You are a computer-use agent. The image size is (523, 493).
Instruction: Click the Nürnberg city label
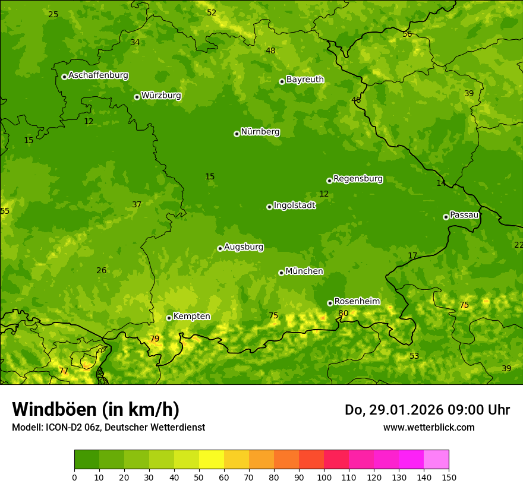coord(260,132)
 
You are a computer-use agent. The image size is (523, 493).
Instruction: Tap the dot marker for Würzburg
coord(137,97)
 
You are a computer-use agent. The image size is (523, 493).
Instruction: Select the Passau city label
coord(464,215)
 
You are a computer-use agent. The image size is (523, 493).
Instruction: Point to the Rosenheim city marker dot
coord(330,303)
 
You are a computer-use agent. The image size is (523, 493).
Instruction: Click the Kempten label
coord(191,316)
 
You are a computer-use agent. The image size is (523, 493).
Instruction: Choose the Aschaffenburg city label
coord(98,75)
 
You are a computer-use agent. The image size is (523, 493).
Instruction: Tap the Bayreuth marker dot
coord(282,81)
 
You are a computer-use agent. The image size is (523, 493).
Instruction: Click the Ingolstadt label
coord(294,206)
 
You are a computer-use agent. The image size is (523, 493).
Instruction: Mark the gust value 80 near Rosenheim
coord(343,313)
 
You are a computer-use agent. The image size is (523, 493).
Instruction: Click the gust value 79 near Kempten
coord(155,339)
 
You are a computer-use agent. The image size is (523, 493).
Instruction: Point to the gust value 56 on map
coord(407,34)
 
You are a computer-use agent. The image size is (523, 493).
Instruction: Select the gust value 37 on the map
coord(137,204)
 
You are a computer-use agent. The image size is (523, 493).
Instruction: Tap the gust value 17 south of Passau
coord(412,255)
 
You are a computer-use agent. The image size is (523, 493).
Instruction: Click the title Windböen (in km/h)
coord(96,409)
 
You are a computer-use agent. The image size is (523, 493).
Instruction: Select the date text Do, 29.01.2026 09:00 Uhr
coord(427,410)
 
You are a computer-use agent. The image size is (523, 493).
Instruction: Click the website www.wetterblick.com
coord(429,427)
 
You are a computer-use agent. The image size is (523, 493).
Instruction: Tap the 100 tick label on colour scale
coord(324,477)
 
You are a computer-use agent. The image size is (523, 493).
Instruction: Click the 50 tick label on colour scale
coord(199,477)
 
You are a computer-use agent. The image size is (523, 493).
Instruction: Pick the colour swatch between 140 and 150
coord(436,459)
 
